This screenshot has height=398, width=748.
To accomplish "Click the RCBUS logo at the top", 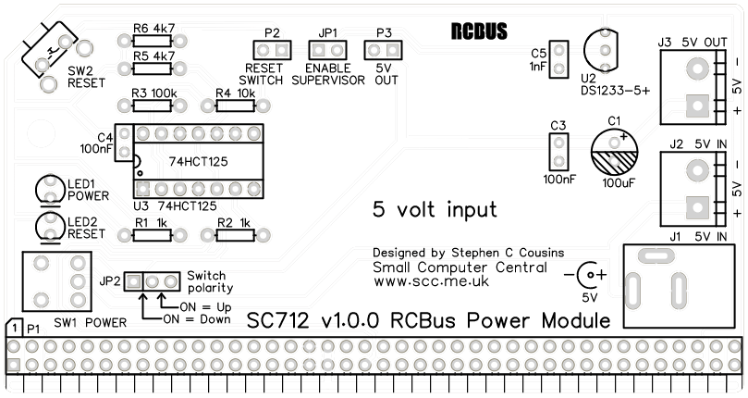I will [x=478, y=31].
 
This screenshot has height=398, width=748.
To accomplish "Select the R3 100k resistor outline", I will [x=152, y=106].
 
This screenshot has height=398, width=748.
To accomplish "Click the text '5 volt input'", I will [x=434, y=209].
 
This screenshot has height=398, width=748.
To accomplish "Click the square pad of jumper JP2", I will [x=134, y=280].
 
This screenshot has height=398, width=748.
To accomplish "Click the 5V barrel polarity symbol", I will [x=585, y=275].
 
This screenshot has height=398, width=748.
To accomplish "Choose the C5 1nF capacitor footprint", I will [x=559, y=60].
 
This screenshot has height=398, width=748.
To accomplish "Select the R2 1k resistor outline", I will [x=237, y=236].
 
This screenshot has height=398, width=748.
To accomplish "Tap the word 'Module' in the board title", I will [x=578, y=321].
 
